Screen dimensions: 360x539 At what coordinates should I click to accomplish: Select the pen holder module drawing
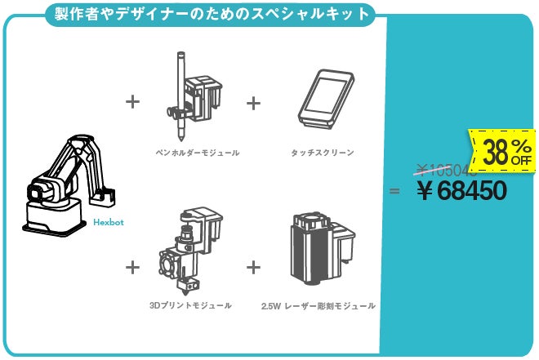tap(195, 97)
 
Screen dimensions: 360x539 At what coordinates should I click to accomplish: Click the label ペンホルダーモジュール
tap(197, 152)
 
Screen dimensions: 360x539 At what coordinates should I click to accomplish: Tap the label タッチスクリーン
tap(323, 152)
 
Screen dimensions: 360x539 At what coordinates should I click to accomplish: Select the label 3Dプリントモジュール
tap(190, 305)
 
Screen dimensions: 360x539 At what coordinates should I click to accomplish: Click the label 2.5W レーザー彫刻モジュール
tap(318, 305)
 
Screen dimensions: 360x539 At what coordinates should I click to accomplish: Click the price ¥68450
tap(461, 191)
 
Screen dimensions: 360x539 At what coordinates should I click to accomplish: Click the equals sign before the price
tap(394, 191)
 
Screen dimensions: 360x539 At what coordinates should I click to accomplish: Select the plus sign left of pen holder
tap(132, 102)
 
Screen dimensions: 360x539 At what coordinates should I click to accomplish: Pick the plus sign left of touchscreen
tap(253, 102)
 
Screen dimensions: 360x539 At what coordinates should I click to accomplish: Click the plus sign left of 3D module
tap(132, 266)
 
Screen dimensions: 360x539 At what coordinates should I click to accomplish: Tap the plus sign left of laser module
tap(253, 266)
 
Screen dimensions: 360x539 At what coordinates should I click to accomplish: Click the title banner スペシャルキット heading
tap(207, 14)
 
